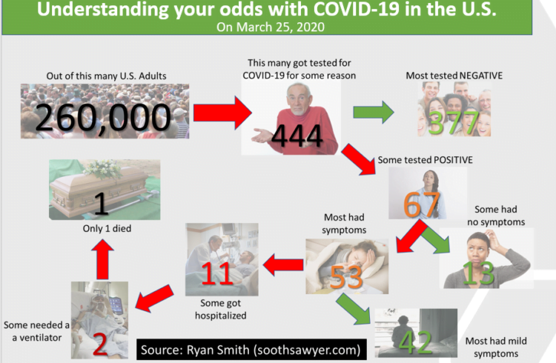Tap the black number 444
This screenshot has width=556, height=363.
(x=297, y=136)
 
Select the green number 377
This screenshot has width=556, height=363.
(x=454, y=123)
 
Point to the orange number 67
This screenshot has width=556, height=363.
(x=422, y=204)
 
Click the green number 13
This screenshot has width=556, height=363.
(x=479, y=273)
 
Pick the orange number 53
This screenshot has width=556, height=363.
(x=346, y=277)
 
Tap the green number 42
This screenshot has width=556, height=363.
(x=416, y=342)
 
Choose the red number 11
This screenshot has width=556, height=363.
(x=217, y=273)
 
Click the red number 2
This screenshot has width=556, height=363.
(x=100, y=344)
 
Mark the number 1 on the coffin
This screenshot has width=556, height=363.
(x=102, y=204)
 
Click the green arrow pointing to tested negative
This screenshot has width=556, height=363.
(x=374, y=113)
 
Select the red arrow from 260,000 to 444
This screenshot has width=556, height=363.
(x=222, y=113)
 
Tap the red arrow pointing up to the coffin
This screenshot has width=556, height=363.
(x=102, y=259)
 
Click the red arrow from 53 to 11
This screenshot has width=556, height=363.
(x=283, y=264)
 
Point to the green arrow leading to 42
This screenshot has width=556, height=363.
(x=353, y=309)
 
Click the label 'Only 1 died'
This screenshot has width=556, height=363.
(x=107, y=229)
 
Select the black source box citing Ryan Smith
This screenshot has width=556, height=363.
(x=251, y=350)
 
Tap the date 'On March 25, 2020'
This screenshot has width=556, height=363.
(x=271, y=27)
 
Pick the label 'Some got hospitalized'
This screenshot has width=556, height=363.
(x=221, y=310)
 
